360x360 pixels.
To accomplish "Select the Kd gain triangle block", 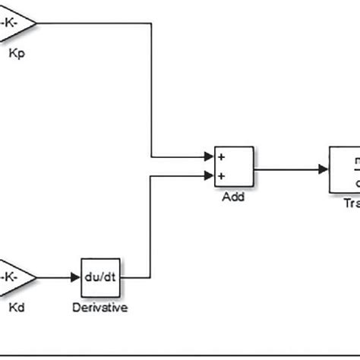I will [15, 277].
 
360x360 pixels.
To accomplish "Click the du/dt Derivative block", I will [100, 278].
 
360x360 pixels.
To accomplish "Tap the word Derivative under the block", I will [99, 308].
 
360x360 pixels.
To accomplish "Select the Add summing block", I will [233, 168].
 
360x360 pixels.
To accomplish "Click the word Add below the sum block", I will [232, 197].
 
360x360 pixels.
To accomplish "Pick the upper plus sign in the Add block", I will [223, 159].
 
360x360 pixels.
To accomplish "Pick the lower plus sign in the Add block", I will [223, 176].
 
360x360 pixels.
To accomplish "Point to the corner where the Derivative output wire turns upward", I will [153, 278].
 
